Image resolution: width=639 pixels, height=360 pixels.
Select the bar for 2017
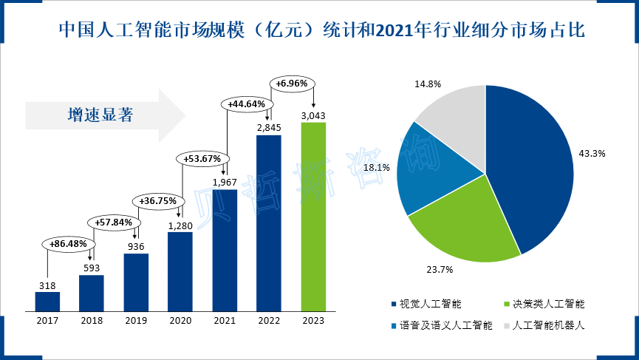pyautogui.click(x=47, y=301)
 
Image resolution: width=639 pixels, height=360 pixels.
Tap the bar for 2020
pyautogui.click(x=180, y=271)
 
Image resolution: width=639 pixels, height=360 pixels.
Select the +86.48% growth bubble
pyautogui.click(x=69, y=243)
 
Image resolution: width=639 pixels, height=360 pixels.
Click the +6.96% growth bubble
pyautogui.click(x=291, y=84)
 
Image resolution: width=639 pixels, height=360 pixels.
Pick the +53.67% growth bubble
pyautogui.click(x=202, y=158)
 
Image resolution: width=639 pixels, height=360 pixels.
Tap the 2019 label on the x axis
pyautogui.click(x=136, y=321)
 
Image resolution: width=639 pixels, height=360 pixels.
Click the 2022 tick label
pyautogui.click(x=269, y=321)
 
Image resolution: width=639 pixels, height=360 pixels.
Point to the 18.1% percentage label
pyautogui.click(x=376, y=168)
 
